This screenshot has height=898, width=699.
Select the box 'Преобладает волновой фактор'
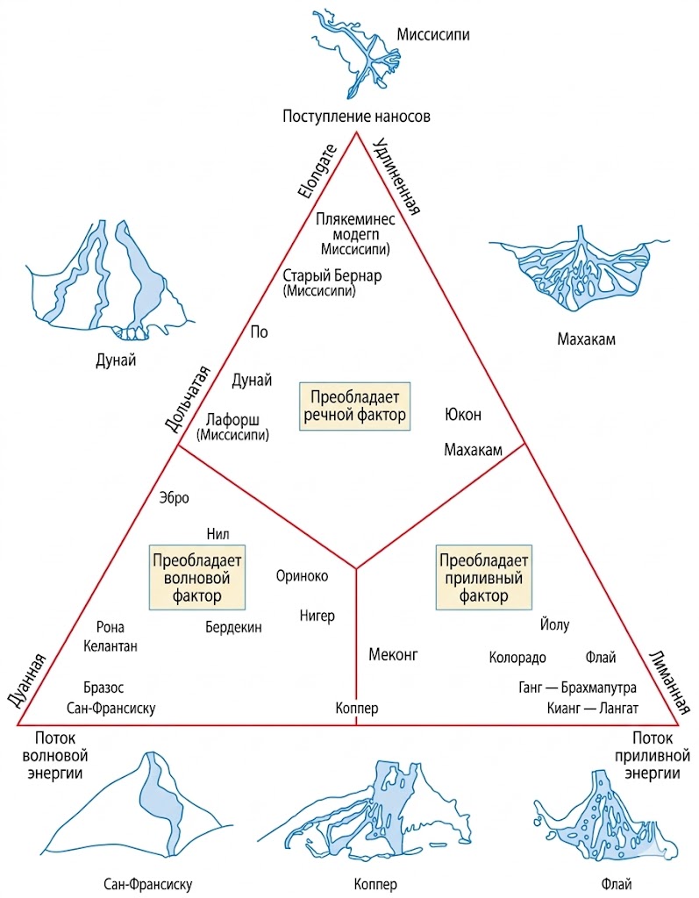[196, 578]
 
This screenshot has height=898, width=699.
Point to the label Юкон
[463, 414]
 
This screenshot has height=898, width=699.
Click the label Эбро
[175, 497]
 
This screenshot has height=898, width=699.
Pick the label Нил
[218, 532]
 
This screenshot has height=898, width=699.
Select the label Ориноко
[302, 576]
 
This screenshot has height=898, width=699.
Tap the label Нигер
[317, 616]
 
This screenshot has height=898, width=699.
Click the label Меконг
[394, 654]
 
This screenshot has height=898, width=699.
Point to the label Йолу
[554, 625]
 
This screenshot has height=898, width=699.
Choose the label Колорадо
[517, 658]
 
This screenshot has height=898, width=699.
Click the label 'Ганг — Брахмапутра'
[577, 688]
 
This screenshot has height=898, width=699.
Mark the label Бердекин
[233, 627]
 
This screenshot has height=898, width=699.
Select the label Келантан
[111, 646]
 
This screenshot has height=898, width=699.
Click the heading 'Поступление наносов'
[357, 116]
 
